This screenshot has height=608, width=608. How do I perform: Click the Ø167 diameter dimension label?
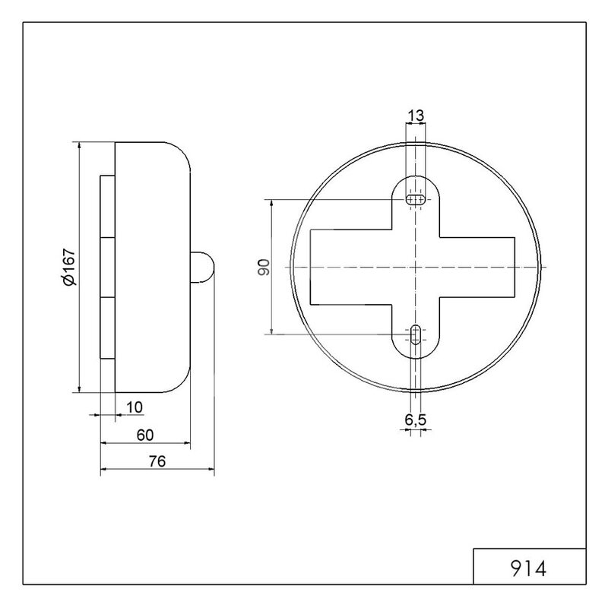click(69, 267)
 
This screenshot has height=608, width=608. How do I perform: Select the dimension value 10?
click(135, 407)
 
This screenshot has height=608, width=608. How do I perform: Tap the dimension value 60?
click(145, 435)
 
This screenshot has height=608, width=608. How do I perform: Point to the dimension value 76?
click(157, 461)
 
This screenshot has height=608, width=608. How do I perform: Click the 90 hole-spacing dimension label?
click(264, 268)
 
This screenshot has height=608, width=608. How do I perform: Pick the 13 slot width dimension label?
click(416, 116)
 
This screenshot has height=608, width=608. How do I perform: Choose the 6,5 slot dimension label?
click(415, 420)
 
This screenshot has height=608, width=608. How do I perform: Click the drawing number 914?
click(528, 568)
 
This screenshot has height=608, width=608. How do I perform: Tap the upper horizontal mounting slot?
click(415, 200)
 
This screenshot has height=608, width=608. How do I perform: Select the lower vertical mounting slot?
click(415, 334)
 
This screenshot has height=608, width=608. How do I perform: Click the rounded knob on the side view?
click(202, 267)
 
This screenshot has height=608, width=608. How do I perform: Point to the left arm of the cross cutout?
click(351, 267)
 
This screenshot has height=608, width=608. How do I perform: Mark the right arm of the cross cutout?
click(477, 268)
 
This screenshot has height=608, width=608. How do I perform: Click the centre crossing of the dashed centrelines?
click(415, 268)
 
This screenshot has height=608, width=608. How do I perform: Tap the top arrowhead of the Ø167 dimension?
click(79, 145)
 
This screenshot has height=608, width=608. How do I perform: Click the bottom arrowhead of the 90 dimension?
click(271, 331)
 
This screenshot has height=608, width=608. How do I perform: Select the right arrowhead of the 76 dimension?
click(211, 470)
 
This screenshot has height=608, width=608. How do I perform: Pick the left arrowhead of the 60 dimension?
click(103, 442)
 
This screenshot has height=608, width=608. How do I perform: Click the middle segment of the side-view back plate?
click(107, 268)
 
